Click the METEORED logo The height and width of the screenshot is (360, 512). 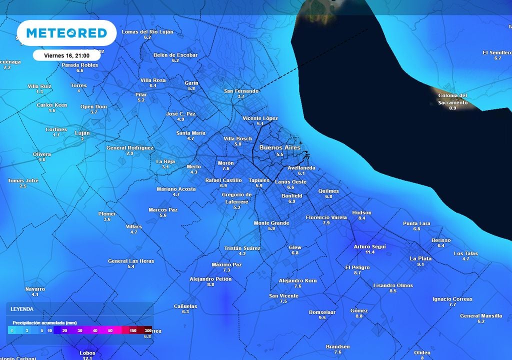coord(66,33)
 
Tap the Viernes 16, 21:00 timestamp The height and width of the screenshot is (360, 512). coord(66,55)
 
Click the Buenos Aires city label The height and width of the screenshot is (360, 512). coord(280,147)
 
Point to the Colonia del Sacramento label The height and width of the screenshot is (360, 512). coord(452,98)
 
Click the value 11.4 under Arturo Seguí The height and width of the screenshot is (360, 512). coord(370,252)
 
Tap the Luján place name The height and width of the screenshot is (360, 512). coord(82,133)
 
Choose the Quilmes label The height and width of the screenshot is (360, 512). coord(328,191)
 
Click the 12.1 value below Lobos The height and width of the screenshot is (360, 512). coord(87,358)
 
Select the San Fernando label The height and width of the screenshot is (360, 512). coord(241,91)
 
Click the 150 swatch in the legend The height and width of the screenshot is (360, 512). coord(133,330)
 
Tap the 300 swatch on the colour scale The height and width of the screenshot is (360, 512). coord(148,330)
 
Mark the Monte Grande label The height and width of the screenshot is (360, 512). coord(271,223)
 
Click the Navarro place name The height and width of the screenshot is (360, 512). coord(35,289)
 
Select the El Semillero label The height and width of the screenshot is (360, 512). coord(497,52)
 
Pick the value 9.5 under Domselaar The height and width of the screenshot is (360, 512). coord(322,317)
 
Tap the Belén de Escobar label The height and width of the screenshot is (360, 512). coord(175,55)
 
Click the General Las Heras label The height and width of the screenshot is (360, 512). coord(131,261)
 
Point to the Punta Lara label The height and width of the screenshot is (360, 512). coord(416,223)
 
